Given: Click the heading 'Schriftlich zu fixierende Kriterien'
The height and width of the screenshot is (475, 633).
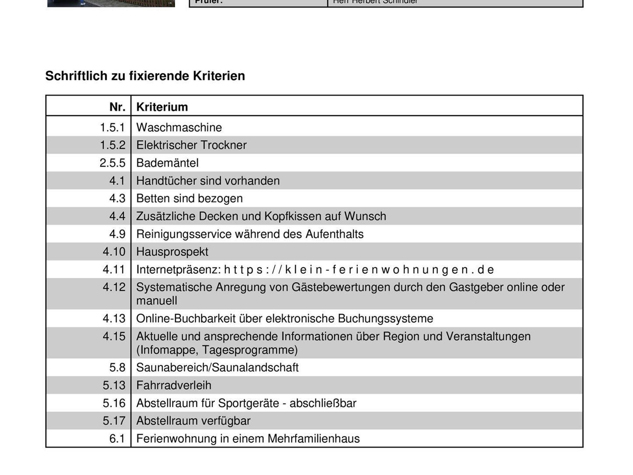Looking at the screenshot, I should (145, 76).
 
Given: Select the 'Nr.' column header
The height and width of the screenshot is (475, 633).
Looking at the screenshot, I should (117, 107).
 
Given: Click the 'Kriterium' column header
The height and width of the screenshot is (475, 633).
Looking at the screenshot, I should (162, 107).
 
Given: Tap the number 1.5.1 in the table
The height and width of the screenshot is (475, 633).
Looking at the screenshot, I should (113, 128).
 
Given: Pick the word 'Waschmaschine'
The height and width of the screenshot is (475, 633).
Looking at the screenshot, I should (179, 128).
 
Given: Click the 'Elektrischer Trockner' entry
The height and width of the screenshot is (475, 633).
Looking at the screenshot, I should (191, 145).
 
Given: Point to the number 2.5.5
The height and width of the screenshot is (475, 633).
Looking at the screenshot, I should (113, 163).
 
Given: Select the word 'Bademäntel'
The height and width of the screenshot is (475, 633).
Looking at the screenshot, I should (167, 163).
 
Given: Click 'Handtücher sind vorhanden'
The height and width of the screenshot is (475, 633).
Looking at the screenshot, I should (208, 181).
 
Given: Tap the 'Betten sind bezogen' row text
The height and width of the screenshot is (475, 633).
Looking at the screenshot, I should (189, 199).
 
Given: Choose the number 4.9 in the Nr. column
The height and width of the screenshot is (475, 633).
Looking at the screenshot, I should (117, 234).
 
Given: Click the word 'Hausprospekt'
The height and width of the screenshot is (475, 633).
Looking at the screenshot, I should (172, 252).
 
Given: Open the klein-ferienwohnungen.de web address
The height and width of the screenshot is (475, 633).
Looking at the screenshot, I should (359, 270).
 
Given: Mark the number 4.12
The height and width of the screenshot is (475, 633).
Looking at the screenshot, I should (114, 287).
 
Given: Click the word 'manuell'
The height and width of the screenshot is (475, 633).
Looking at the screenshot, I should (156, 301).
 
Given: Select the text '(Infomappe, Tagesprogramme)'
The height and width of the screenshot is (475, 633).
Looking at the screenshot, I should (217, 350).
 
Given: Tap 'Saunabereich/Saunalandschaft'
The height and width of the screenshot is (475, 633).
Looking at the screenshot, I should (217, 368).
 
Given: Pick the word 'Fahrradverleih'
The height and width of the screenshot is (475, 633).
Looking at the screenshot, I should (174, 385).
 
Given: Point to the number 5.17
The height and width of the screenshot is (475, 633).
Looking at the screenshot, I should (114, 421).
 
